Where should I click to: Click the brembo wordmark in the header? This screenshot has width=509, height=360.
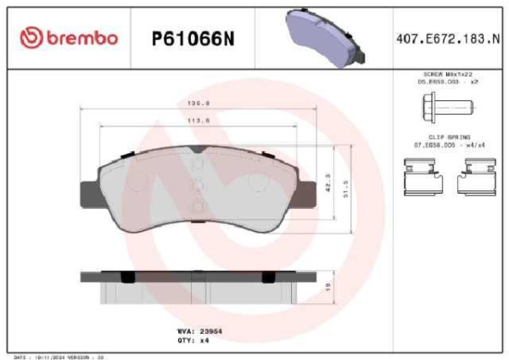coord(81,38)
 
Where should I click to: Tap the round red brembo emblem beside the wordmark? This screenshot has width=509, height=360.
coord(31,38)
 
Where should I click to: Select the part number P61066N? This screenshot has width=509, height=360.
coord(192,38)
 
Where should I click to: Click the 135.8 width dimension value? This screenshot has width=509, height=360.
coord(198,104)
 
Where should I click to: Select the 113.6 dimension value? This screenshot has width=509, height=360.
coord(198,121)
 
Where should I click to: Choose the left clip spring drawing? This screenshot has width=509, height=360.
coord(422,177)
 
